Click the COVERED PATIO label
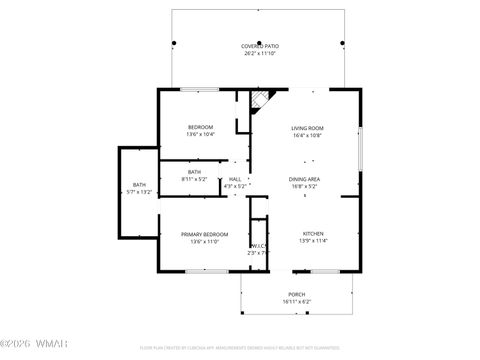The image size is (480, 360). click(259, 46)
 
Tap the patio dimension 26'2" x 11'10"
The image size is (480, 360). click(259, 54)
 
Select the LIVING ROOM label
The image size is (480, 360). click(306, 127)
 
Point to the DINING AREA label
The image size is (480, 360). click(304, 178)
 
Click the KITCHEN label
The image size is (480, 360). click(313, 233)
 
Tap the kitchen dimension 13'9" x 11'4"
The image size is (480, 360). click(313, 241)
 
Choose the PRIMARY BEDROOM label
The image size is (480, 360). click(204, 233)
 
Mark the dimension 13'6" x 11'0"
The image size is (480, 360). click(204, 241)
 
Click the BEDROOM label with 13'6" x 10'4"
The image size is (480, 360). click(201, 127)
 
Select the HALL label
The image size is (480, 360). click(235, 178)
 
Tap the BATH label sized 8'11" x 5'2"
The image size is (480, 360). click(194, 171)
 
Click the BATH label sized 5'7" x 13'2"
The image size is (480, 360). click(139, 184)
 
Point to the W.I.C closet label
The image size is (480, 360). click(257, 245)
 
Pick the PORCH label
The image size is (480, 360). click(296, 293)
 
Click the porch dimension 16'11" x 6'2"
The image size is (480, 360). click(296, 301)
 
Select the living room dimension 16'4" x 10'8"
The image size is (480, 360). click(306, 135)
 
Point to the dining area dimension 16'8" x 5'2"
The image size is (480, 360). click(304, 186)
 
